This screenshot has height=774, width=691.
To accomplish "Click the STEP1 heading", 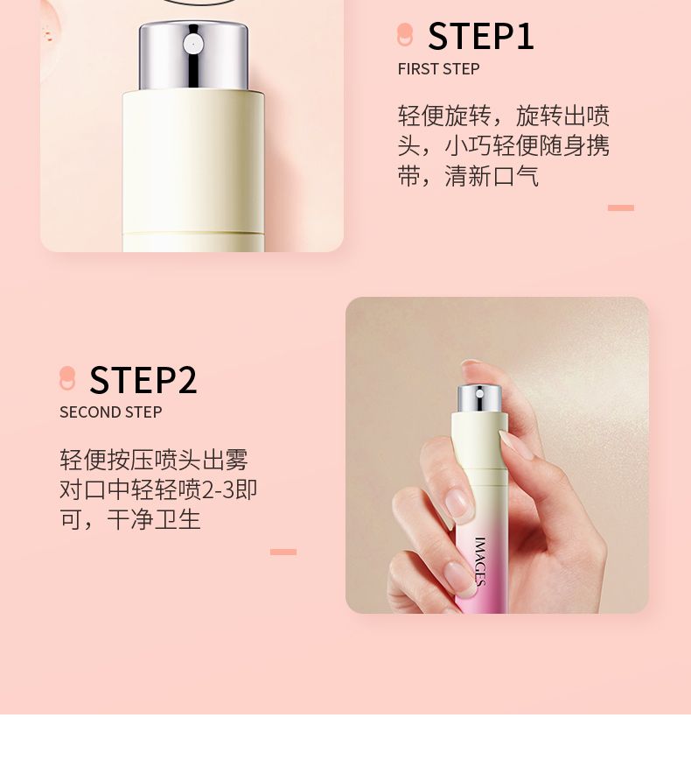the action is (x=481, y=36).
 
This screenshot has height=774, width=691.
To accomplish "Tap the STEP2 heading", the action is (x=143, y=380).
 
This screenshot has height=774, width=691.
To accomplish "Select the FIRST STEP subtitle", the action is (x=438, y=69).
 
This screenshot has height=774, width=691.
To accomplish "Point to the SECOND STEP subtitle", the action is (x=110, y=412).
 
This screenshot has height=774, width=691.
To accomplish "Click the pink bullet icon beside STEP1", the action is (x=405, y=34).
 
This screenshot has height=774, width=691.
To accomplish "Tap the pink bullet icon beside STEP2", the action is (x=67, y=378).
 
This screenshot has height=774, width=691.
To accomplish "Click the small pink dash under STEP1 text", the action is (x=620, y=208).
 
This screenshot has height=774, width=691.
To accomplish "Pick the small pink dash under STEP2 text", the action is (x=283, y=552).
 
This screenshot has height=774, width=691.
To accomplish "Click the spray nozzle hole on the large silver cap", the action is (x=192, y=44).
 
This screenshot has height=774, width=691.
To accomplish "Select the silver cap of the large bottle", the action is (x=193, y=55).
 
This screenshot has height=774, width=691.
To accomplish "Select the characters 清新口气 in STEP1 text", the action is (x=492, y=176).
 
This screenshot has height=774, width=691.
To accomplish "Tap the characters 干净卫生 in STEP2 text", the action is (x=154, y=519).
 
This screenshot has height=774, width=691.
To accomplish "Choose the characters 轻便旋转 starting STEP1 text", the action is (x=444, y=116).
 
